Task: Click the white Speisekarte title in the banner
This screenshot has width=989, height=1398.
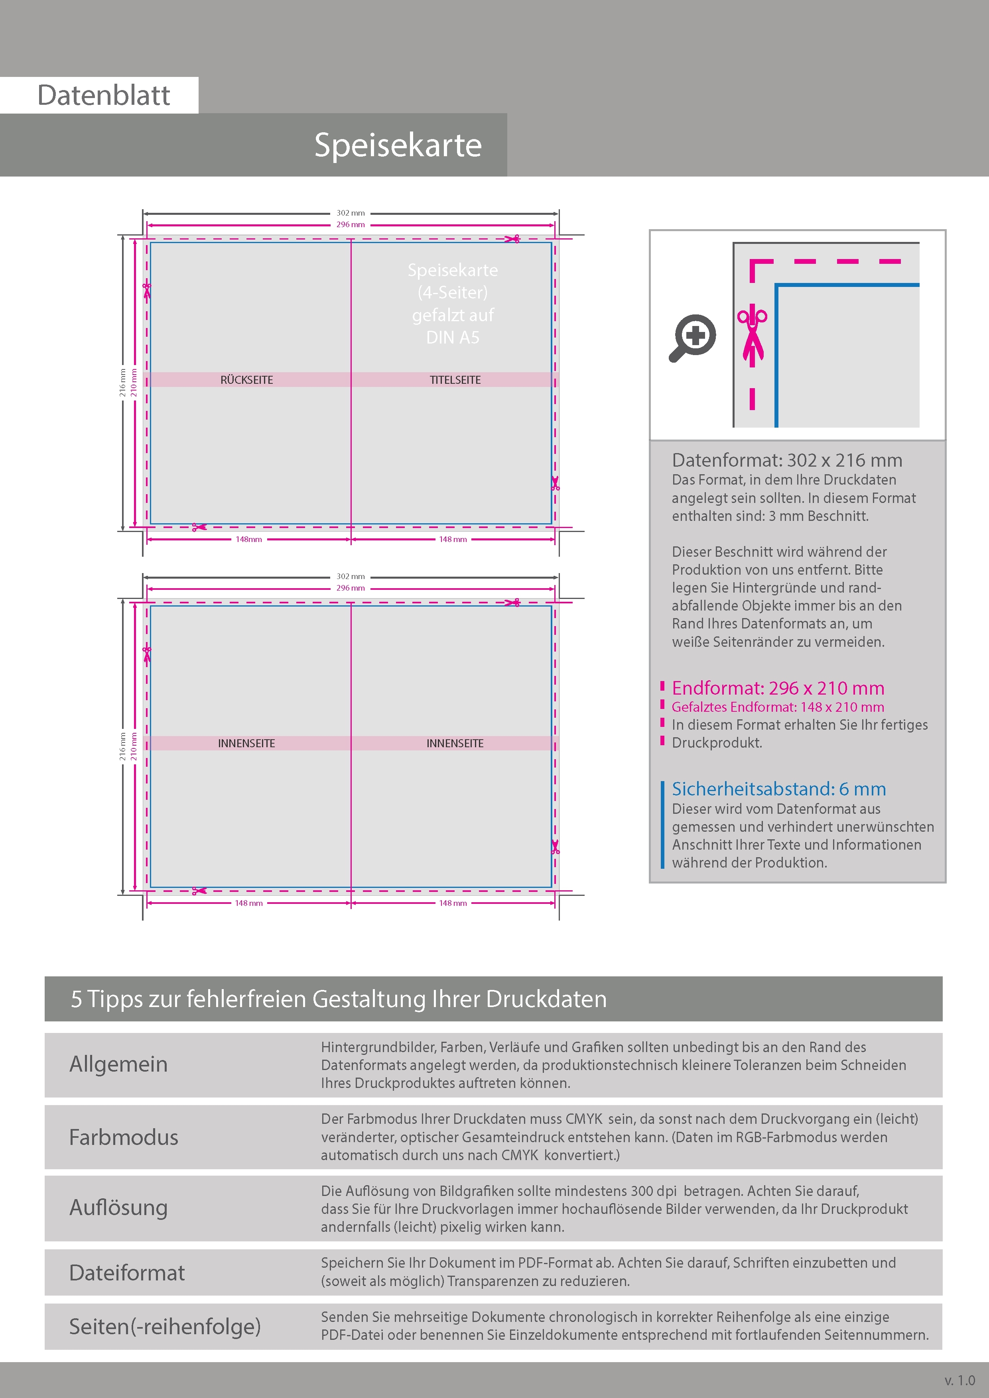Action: (x=398, y=145)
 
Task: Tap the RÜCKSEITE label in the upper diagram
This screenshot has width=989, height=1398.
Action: (x=247, y=380)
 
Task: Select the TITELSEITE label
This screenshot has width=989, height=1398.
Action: (x=455, y=380)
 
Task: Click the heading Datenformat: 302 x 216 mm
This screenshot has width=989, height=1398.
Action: (x=787, y=460)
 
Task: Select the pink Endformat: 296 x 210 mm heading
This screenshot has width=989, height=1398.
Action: (x=778, y=688)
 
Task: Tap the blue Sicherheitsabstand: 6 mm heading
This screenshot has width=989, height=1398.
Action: (x=779, y=789)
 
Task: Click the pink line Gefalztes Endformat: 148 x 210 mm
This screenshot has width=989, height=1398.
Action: (x=778, y=707)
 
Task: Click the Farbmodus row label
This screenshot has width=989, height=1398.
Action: (x=124, y=1137)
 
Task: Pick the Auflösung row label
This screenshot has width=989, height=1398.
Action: (x=119, y=1208)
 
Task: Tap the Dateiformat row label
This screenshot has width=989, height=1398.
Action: (x=127, y=1272)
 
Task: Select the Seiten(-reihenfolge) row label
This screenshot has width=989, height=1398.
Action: (x=165, y=1326)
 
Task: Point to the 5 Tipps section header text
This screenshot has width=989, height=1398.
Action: (x=339, y=999)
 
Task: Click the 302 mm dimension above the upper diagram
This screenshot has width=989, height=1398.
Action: (x=351, y=213)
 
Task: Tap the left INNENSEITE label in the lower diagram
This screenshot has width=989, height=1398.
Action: (x=247, y=744)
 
